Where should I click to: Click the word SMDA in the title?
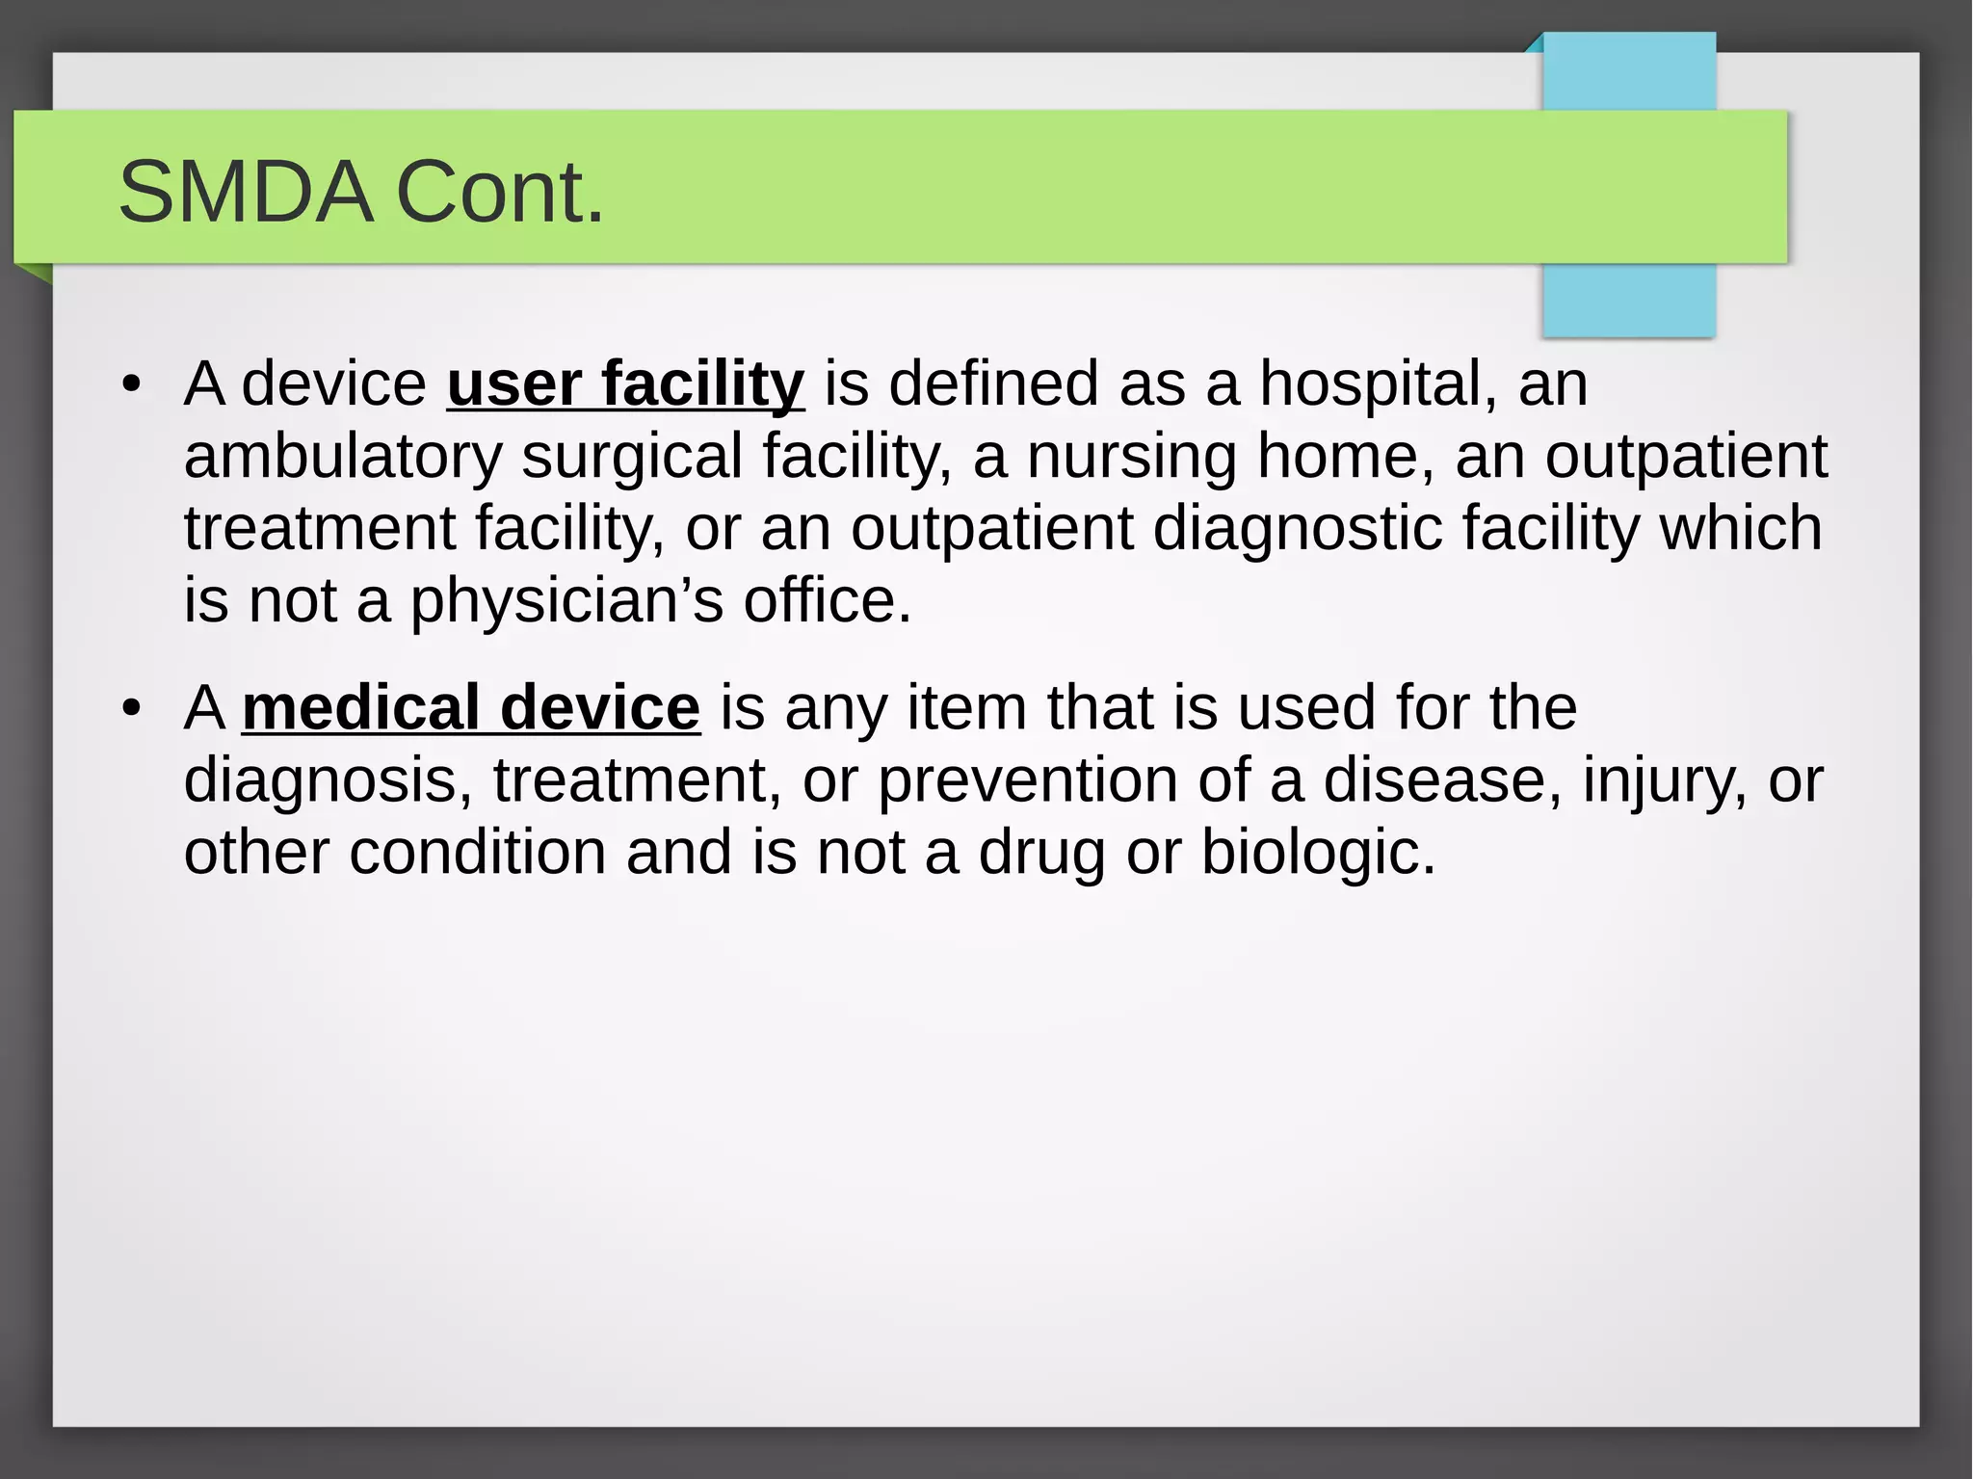tap(245, 192)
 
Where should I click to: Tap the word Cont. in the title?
tap(499, 192)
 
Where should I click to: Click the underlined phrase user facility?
tap(625, 383)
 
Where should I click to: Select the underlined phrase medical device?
tap(471, 707)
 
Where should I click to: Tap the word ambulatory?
tap(343, 457)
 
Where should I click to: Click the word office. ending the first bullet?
tap(827, 599)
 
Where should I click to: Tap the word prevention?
tap(1027, 780)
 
